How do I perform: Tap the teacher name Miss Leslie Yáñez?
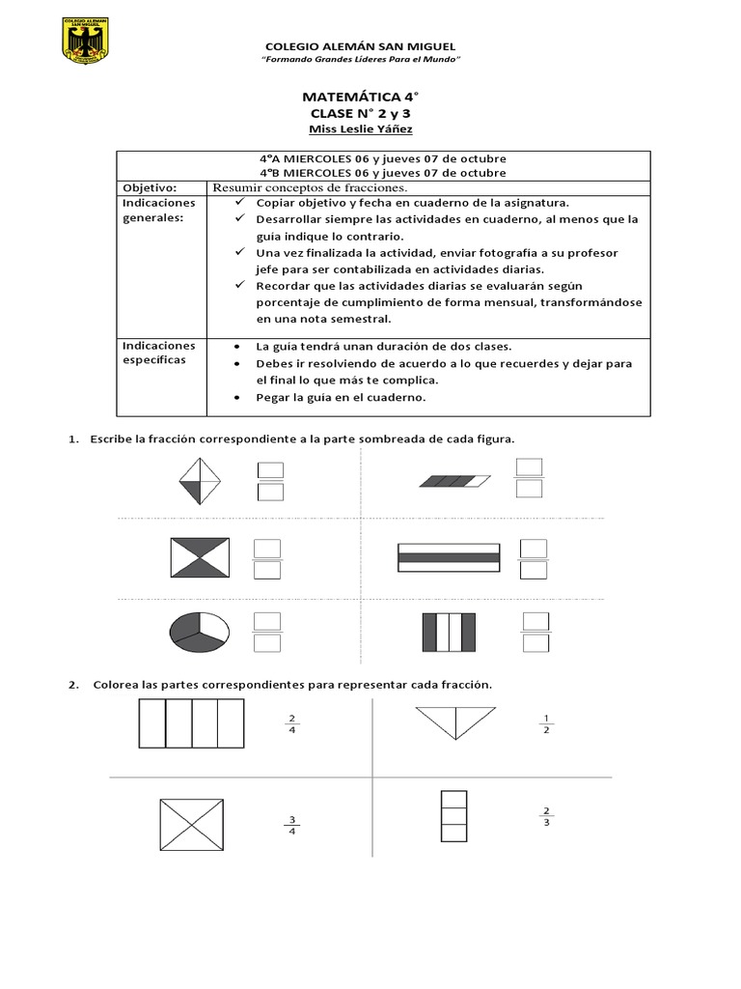362,130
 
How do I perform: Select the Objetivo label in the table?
148,186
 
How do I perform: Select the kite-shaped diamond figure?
200,480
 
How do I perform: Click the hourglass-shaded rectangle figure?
200,557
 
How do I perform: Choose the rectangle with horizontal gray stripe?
449,557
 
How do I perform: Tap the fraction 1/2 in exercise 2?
546,723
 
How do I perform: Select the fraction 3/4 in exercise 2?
292,827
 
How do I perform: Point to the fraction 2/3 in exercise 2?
547,816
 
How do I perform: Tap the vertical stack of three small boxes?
453,816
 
